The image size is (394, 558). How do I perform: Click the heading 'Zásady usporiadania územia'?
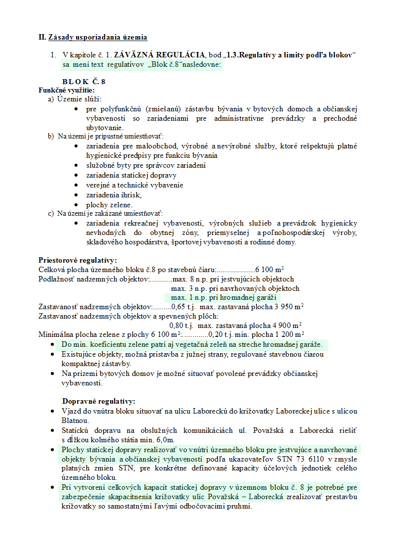98,37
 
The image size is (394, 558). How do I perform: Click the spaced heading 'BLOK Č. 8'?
83,82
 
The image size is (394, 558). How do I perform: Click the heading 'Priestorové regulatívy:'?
78,260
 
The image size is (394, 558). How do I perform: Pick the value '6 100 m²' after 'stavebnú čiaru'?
270,270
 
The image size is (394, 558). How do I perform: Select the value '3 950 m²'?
287,307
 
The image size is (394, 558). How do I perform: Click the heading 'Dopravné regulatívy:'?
99,401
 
